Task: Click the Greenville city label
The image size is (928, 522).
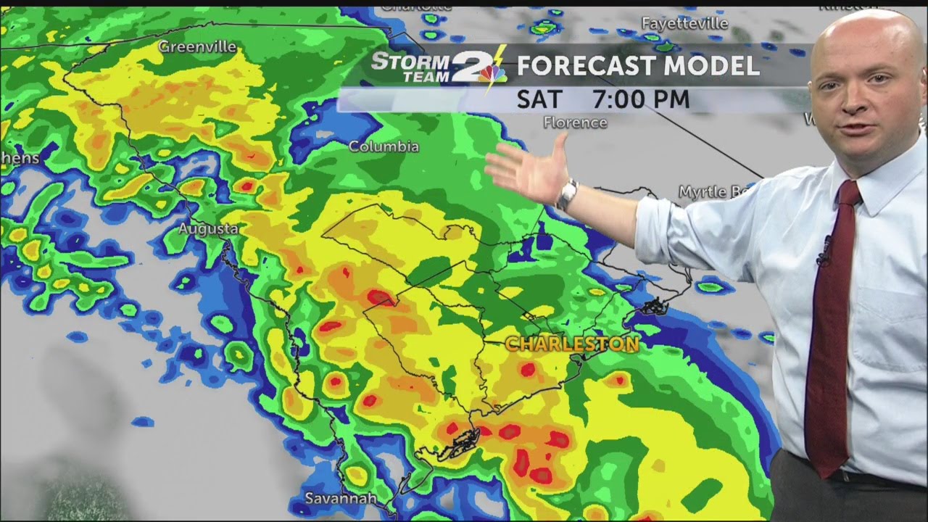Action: [197, 47]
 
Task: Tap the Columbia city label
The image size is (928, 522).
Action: [384, 146]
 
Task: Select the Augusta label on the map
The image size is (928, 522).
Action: [208, 229]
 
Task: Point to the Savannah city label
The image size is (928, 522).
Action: [341, 499]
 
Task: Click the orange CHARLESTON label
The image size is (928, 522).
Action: [572, 344]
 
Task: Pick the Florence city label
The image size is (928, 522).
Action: [575, 123]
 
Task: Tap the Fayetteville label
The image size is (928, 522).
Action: [684, 23]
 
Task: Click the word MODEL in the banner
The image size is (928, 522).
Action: [721, 66]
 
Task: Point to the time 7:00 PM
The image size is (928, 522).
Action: [641, 99]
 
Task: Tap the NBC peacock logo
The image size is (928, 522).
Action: [492, 73]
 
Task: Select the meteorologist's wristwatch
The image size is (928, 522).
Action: [567, 194]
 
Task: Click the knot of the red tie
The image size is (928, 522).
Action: [848, 193]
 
